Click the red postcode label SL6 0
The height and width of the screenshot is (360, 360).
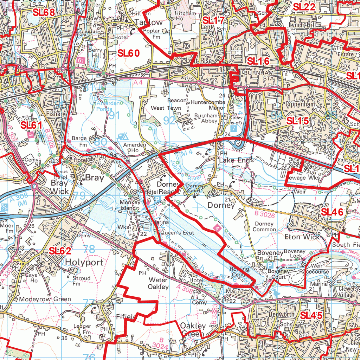coord(129,53)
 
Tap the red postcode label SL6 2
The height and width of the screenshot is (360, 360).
coord(60,251)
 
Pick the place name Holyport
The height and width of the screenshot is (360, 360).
coord(84,262)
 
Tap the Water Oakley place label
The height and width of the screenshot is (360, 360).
coord(158,283)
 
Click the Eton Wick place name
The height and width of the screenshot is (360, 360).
coord(302,237)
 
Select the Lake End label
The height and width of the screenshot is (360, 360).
coord(235,160)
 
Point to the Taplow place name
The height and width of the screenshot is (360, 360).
coord(149,22)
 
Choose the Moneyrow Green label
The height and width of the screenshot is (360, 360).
coord(45,299)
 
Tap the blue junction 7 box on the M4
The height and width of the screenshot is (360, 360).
coord(234,129)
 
